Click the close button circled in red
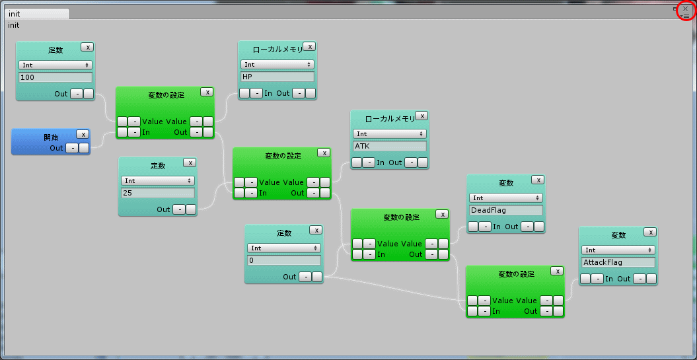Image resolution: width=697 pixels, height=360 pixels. (686, 9)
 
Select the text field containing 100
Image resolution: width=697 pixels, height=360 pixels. (55, 77)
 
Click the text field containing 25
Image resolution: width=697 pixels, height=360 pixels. (158, 193)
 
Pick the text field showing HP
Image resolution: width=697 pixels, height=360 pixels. (277, 77)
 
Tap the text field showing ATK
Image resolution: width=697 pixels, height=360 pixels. (390, 146)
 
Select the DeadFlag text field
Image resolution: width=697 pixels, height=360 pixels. (506, 210)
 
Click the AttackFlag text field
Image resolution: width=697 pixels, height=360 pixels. (618, 262)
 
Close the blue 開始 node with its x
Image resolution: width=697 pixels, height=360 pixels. (83, 134)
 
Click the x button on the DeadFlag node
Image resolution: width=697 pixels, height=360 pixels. (538, 180)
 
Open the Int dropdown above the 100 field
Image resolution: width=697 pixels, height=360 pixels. (55, 65)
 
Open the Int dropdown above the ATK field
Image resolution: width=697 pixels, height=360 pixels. (390, 134)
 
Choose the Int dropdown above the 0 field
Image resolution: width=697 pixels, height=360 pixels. (284, 248)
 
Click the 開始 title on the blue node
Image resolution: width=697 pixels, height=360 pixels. (51, 137)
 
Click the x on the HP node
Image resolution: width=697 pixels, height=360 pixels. (309, 46)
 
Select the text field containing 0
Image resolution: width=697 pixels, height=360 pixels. (284, 260)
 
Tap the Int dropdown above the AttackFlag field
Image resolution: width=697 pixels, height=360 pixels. (618, 250)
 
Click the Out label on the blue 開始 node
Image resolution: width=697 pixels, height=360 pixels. (56, 148)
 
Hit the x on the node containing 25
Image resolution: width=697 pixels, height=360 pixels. (190, 162)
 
